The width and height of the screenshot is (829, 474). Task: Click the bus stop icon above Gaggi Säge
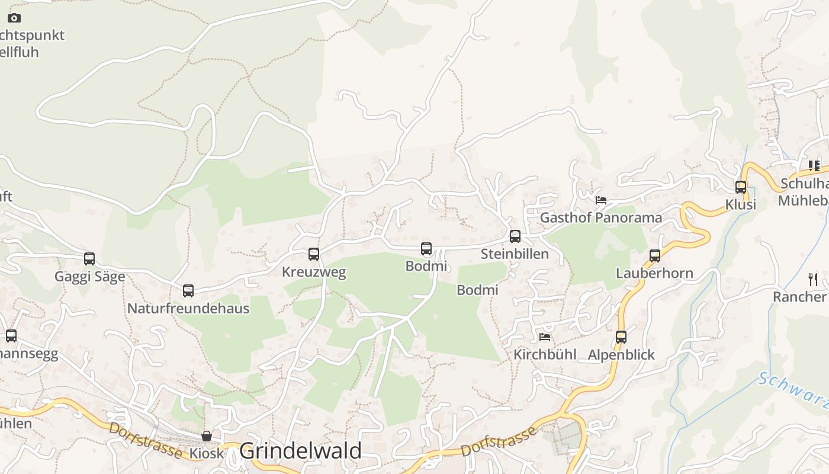point(89,259)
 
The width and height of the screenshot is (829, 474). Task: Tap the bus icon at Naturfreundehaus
point(188,291)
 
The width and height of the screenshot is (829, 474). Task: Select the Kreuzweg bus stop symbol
point(314,254)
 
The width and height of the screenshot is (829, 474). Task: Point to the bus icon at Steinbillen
point(515,236)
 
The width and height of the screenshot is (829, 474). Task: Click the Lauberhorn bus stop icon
point(655,256)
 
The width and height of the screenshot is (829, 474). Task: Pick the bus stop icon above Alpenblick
point(621,337)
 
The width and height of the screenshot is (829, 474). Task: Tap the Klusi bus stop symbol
point(741,187)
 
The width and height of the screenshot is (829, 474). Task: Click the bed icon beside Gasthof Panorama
point(601,200)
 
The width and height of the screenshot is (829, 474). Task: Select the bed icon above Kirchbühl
point(545,337)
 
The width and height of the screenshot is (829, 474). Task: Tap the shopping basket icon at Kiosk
point(207,436)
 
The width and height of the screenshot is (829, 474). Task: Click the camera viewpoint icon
point(14,18)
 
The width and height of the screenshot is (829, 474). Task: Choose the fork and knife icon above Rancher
point(813,279)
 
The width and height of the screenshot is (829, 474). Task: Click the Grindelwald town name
point(300,451)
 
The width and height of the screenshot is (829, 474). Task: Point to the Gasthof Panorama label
point(601,217)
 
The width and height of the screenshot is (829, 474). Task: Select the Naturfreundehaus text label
point(188,309)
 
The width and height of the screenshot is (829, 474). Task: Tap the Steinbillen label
point(515,254)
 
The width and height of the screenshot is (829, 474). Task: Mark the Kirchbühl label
point(545,355)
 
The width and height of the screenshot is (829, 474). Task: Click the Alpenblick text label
point(621,355)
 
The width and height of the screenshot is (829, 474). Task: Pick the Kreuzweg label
point(314,273)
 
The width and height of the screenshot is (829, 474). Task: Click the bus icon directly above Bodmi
point(426,249)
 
